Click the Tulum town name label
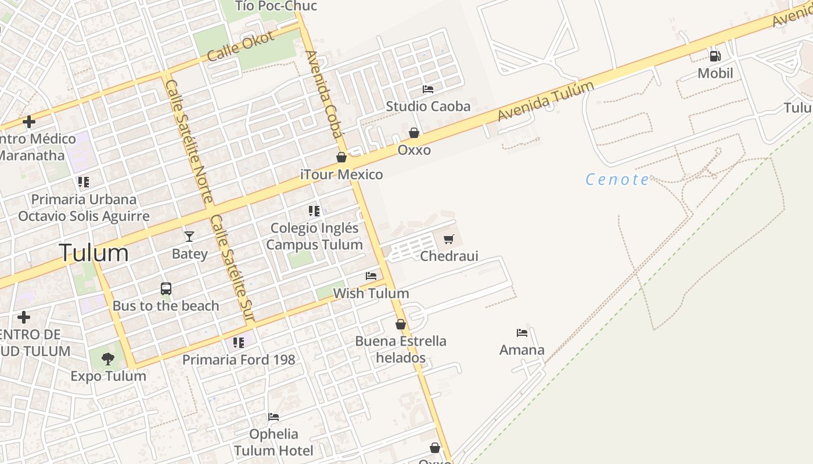point(93,253)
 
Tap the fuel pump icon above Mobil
point(715,56)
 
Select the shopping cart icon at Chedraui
point(448,239)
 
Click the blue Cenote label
point(617,179)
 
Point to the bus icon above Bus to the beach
point(166,288)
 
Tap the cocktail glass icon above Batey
point(189,236)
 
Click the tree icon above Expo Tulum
point(108,359)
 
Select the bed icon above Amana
point(522,333)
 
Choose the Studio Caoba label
point(428,106)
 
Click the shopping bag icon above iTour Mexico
point(341,157)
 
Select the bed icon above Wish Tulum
point(371,276)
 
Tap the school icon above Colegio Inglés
point(314,211)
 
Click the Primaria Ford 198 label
point(239,360)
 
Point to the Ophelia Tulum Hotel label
point(274,442)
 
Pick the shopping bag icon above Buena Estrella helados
point(401,324)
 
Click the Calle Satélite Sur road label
point(232,268)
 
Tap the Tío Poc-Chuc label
point(276,6)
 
